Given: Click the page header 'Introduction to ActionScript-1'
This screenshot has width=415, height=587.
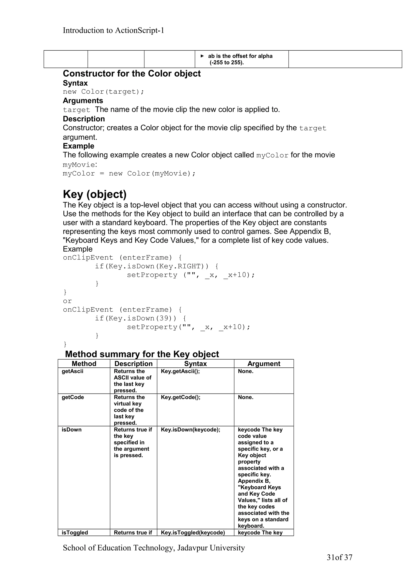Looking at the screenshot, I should click(113, 30).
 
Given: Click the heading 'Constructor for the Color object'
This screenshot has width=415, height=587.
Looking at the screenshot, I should click(132, 74).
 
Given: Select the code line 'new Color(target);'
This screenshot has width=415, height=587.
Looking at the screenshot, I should click(104, 92).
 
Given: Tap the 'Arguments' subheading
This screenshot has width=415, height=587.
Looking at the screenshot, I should click(83, 100).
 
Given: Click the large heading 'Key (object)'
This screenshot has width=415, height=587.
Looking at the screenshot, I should click(95, 194).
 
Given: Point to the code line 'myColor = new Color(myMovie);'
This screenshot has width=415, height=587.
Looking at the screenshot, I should click(129, 173).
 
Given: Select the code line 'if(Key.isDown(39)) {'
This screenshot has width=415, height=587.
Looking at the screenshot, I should click(140, 318).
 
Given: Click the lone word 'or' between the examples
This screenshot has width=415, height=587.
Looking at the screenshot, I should click(67, 301).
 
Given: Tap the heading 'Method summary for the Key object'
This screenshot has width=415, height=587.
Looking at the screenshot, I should click(142, 354).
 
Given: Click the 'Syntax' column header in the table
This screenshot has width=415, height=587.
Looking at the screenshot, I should click(195, 364).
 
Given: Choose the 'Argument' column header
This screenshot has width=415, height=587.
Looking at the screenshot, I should click(264, 364).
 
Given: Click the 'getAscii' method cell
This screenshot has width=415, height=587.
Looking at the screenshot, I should click(73, 371).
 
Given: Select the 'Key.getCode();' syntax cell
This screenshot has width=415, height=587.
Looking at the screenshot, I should click(181, 397).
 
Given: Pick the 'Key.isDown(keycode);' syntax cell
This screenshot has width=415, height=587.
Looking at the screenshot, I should click(190, 430).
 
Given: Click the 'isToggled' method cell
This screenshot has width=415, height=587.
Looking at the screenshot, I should click(75, 533).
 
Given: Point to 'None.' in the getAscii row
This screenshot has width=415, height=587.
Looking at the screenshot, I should click(245, 371).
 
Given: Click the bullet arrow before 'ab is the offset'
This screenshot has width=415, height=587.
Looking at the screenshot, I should click(202, 56).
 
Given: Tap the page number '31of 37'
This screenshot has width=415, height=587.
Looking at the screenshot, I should click(339, 557).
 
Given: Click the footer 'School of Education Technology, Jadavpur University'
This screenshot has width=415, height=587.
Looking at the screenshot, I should click(154, 548).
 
